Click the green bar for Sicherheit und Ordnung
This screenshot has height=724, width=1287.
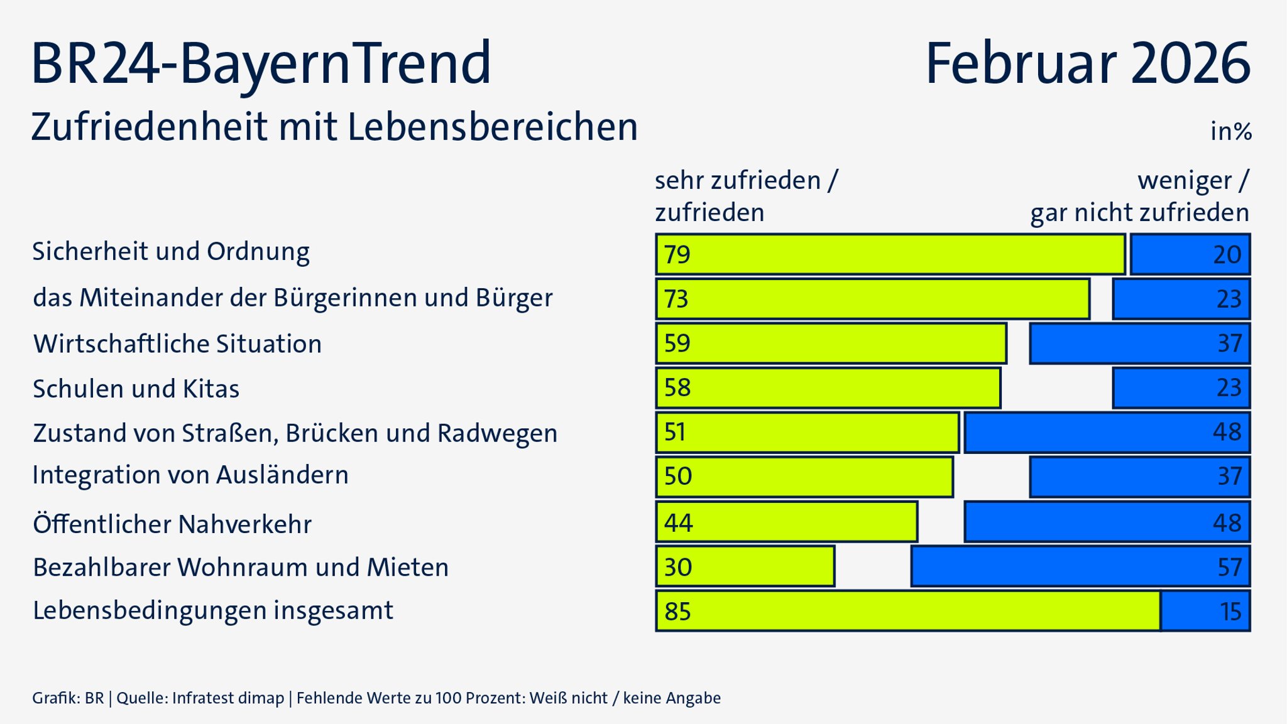pyautogui.click(x=890, y=254)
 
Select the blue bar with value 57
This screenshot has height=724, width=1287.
pyautogui.click(x=1080, y=567)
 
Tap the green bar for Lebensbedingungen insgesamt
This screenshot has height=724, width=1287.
pyautogui.click(x=908, y=611)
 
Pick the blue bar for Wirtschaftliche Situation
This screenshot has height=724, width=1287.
pyautogui.click(x=1139, y=343)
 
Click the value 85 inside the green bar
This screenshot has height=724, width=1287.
pyautogui.click(x=677, y=612)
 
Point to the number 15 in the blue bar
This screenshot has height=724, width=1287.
pyautogui.click(x=1230, y=612)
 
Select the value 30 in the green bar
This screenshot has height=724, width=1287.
pyautogui.click(x=678, y=568)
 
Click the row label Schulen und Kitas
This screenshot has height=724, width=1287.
pyautogui.click(x=136, y=389)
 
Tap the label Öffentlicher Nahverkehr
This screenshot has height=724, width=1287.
pyautogui.click(x=172, y=524)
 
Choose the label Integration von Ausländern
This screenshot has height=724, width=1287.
pyautogui.click(x=190, y=475)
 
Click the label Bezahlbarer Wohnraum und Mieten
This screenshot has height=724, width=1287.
pyautogui.click(x=241, y=568)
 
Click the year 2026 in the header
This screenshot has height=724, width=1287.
pyautogui.click(x=1190, y=63)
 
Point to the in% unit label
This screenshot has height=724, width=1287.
pyautogui.click(x=1230, y=132)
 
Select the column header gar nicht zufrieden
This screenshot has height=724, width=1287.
pyautogui.click(x=1139, y=213)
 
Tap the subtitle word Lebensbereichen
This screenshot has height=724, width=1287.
pyautogui.click(x=492, y=127)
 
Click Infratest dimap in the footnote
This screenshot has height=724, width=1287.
pyautogui.click(x=227, y=698)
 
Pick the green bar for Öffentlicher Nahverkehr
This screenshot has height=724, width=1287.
pyautogui.click(x=786, y=522)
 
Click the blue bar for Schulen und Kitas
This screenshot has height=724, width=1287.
pyautogui.click(x=1181, y=388)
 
